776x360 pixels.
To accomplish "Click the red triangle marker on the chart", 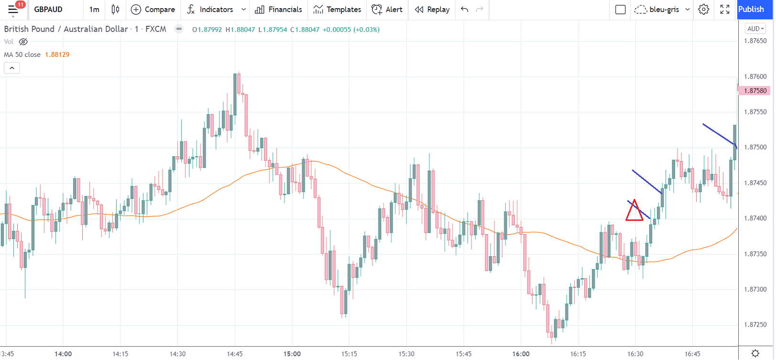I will [634, 211].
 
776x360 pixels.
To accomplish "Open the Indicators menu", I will [210, 10].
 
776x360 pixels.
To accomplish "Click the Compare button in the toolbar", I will [153, 10].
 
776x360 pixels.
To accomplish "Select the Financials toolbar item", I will [279, 10].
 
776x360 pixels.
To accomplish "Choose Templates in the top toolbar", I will [337, 10].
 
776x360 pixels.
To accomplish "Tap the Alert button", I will [387, 10].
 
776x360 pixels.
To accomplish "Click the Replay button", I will [432, 10].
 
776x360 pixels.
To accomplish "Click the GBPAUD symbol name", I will [48, 10].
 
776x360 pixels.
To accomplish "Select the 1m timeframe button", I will [94, 10].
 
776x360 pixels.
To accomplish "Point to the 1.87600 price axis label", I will [755, 76].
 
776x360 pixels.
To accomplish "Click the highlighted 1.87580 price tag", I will [755, 90].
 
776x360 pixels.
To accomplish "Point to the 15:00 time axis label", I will [292, 354].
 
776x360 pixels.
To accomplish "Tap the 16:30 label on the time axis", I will [635, 354].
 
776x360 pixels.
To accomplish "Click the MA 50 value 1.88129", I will [57, 55].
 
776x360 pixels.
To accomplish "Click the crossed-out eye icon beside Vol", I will [23, 42].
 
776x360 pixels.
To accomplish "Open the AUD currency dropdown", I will [755, 29].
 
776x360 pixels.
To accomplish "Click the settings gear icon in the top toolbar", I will [703, 10].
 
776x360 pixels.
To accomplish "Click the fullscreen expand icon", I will [725, 10].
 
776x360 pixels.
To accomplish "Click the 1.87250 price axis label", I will [755, 325].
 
